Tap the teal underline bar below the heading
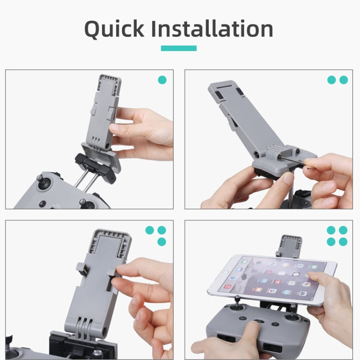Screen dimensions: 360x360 click(179, 48)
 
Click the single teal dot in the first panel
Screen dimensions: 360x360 click(162, 80)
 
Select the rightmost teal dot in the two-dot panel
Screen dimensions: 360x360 click(344, 80)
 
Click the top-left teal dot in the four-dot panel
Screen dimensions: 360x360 click(331, 230)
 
